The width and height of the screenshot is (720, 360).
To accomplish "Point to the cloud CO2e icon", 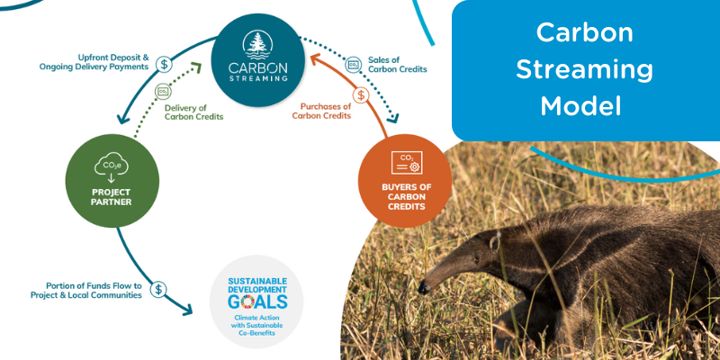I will tap(111, 166).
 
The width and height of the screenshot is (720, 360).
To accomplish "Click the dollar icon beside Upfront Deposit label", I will tap(165, 64).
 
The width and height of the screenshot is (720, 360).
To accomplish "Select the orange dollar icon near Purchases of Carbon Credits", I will tap(361, 94).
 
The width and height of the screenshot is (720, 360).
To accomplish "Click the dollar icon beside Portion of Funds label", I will tap(159, 289).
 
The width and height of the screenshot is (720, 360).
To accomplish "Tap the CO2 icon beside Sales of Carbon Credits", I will tap(354, 64).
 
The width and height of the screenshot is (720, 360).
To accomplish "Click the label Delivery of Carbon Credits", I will tap(193, 112).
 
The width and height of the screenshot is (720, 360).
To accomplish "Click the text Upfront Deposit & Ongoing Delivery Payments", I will tap(94, 61).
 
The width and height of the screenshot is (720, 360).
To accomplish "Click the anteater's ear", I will tap(494, 242).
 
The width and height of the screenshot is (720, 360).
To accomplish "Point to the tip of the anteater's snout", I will tap(420, 290).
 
